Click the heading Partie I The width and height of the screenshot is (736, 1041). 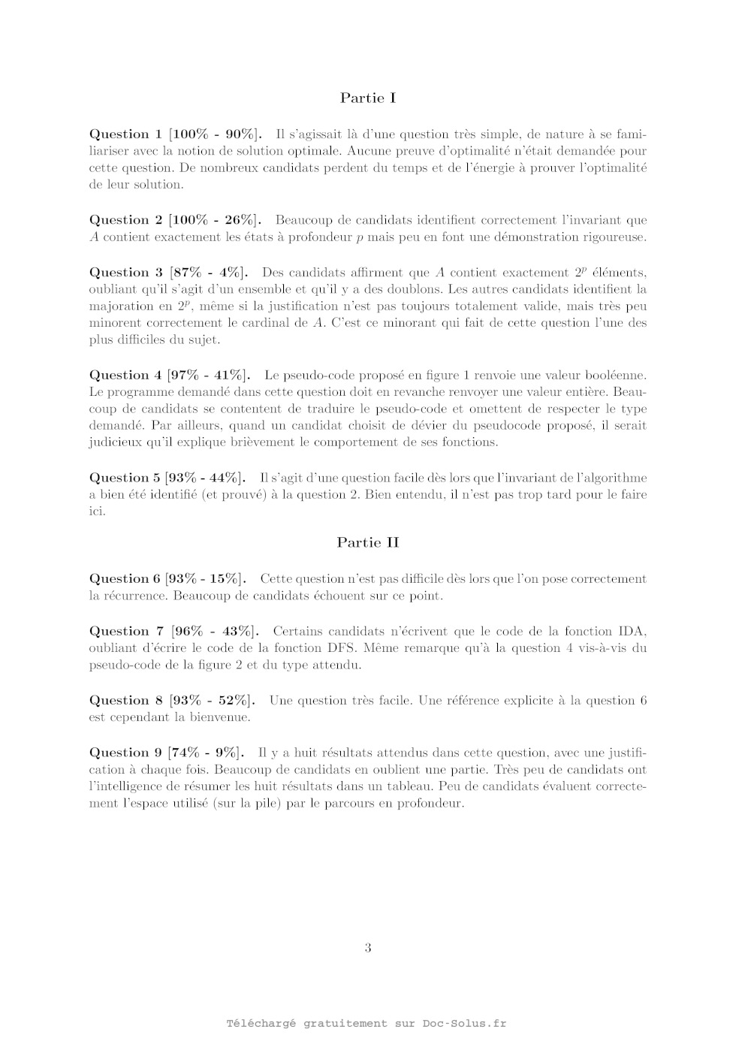click(x=367, y=98)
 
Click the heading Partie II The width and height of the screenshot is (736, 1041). click(x=367, y=542)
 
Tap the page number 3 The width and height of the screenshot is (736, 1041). click(x=368, y=948)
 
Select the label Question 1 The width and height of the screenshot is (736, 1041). click(x=125, y=134)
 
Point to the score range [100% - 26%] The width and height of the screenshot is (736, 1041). click(x=216, y=220)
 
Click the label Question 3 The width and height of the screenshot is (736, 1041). click(x=125, y=273)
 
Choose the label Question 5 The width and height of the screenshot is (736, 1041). click(x=124, y=478)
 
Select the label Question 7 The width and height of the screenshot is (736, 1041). click(x=126, y=631)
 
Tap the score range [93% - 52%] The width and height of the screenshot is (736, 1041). click(x=212, y=700)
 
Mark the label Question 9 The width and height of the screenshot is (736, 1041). click(x=125, y=753)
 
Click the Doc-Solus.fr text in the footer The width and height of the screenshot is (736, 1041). click(x=464, y=1023)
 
